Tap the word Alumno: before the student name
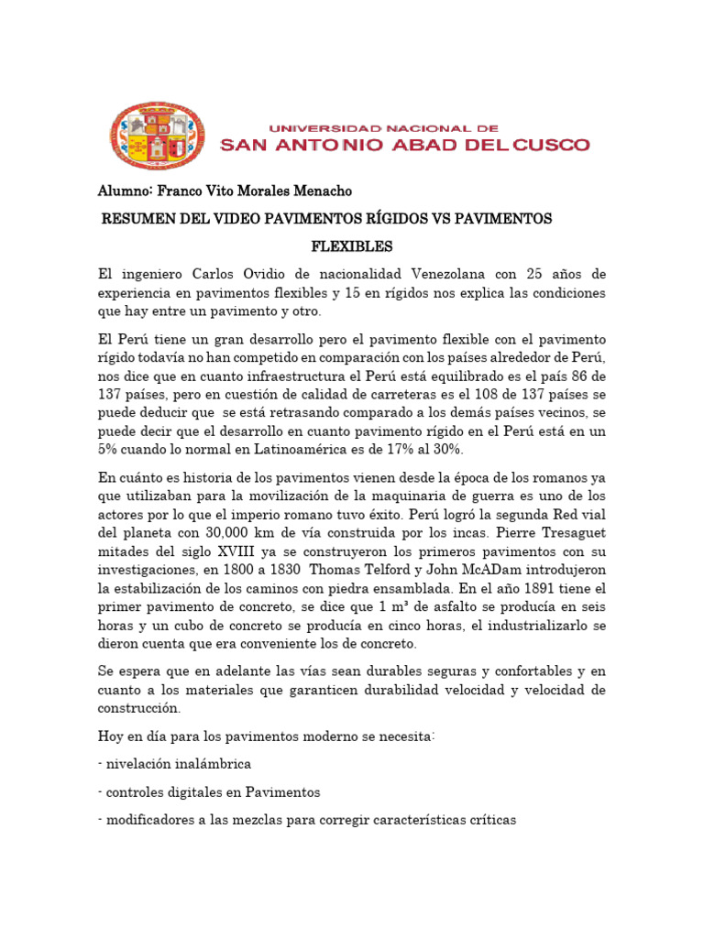[126, 191]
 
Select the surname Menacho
[318, 191]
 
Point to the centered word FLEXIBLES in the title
[352, 246]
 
